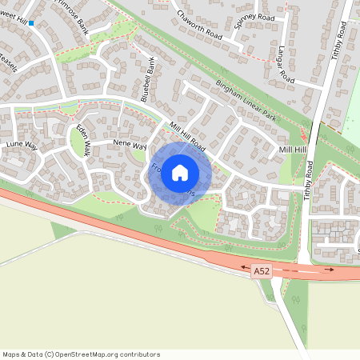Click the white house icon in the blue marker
click(180, 173)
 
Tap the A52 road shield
click(262, 272)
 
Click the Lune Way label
click(22, 144)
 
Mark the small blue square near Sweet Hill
click(31, 23)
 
